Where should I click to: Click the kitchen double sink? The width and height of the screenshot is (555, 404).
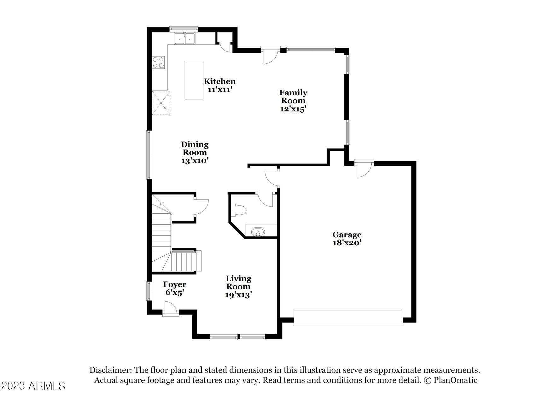click(185, 38)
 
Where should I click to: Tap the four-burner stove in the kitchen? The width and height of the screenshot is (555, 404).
click(158, 62)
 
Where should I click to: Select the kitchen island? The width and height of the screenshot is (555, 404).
click(194, 80)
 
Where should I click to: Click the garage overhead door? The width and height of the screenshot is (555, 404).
click(348, 318)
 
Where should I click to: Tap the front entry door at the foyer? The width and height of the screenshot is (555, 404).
click(171, 309)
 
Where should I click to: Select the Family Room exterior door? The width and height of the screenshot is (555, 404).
click(271, 55)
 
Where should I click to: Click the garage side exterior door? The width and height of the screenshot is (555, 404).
click(364, 169)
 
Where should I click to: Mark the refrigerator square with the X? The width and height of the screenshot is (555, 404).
click(161, 103)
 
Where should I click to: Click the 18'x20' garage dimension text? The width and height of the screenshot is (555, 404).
click(347, 243)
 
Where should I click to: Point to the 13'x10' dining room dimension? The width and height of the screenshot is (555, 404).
click(195, 161)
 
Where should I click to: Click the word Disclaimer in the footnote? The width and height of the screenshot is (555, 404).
click(110, 370)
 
